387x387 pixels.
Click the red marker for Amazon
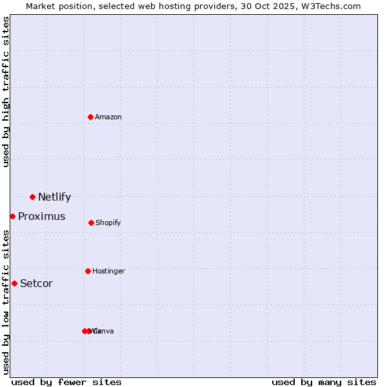[91, 117]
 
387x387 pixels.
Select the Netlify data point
[32, 197]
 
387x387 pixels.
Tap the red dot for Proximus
[12, 216]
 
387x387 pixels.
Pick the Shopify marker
[91, 223]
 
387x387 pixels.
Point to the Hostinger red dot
[88, 271]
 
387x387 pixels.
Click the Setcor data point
[14, 283]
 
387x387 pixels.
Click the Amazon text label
[108, 117]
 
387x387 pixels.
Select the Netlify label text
[54, 197]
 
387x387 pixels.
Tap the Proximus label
[41, 217]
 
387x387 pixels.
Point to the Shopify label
[108, 223]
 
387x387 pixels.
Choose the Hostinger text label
[108, 272]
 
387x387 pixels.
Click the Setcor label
[36, 284]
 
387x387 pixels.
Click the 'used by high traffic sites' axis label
[6, 92]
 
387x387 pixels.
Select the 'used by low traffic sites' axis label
[6, 302]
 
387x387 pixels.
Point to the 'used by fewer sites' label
[66, 382]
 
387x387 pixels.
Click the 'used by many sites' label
[324, 382]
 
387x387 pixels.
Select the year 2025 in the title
[278, 6]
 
